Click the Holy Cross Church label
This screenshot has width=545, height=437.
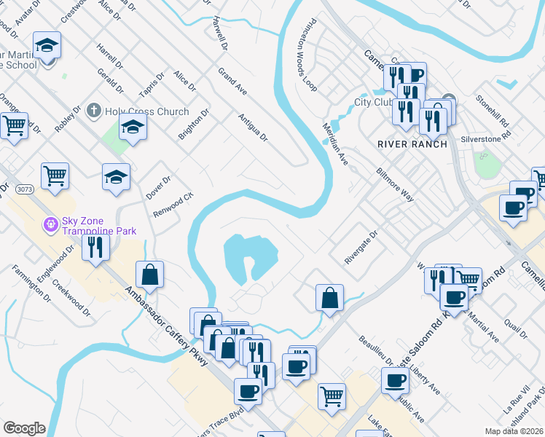(x=146, y=111)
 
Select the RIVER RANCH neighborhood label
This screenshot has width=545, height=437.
(x=407, y=143)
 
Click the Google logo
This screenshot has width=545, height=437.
(x=24, y=428)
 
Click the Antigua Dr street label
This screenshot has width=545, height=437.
(x=253, y=127)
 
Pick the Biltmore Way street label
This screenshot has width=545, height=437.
(x=394, y=186)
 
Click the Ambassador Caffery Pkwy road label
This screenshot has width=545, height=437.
(x=168, y=326)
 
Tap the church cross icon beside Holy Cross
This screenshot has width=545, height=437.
(x=93, y=111)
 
